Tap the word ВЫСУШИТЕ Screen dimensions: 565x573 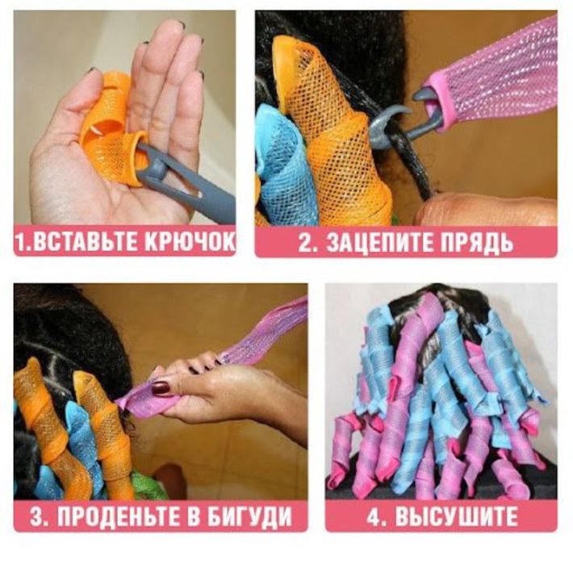tap(461, 516)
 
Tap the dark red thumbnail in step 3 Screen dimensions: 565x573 tap(161, 387)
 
